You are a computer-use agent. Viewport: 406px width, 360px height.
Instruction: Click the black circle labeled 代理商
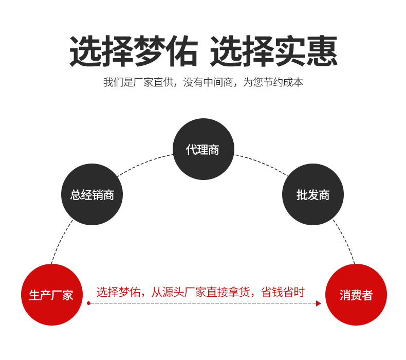(x=203, y=149)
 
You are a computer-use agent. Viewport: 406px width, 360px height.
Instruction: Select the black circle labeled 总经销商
(x=92, y=194)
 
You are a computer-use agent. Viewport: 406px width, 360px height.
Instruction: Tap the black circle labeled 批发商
(x=313, y=194)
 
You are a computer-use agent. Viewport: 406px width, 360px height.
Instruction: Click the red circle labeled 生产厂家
(x=51, y=295)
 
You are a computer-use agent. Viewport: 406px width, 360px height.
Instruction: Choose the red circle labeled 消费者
(x=356, y=295)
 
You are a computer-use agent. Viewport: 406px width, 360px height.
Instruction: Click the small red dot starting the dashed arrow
(x=88, y=303)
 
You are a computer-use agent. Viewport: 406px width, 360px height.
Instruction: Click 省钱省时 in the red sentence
(x=283, y=292)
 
